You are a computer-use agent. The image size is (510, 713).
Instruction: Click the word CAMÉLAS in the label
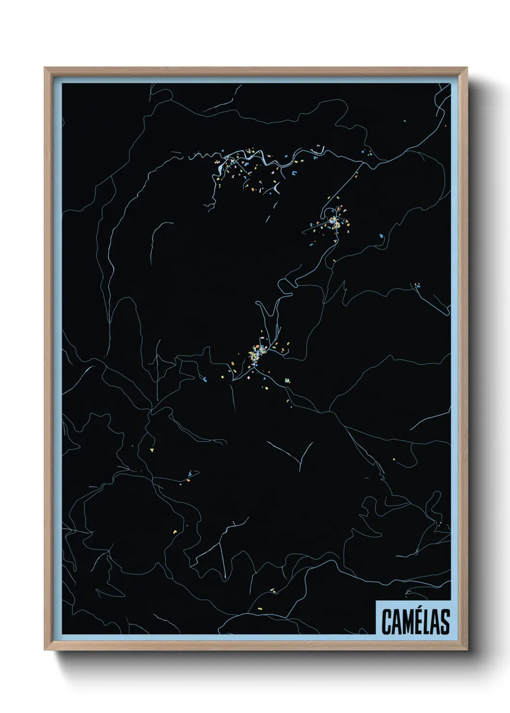pos(416,621)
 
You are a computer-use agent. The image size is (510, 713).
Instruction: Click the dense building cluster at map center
pos(255,354)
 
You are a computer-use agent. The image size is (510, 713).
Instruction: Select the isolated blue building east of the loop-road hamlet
pos(381,236)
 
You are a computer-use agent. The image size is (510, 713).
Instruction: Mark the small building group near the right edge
pos(417,285)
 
